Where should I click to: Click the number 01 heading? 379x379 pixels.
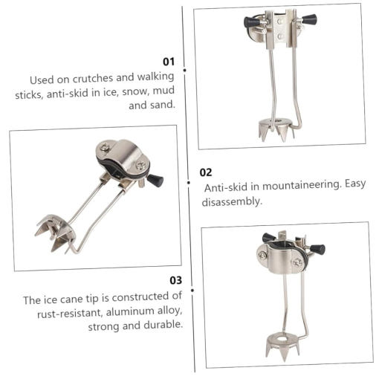click(169, 62)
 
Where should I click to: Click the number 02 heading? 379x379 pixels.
click(206, 172)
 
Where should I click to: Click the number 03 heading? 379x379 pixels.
click(176, 280)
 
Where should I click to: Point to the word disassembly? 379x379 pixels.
click(232, 201)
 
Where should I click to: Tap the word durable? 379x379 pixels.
click(163, 325)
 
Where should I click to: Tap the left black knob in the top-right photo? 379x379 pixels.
click(251, 22)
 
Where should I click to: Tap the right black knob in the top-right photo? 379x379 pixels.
click(309, 19)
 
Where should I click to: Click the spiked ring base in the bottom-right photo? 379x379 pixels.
click(282, 345)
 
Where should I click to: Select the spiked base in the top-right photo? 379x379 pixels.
click(276, 129)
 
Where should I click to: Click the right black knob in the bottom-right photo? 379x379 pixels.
click(317, 249)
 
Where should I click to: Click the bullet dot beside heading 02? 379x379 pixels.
click(189, 183)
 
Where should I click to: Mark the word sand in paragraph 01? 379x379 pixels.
click(162, 105)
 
